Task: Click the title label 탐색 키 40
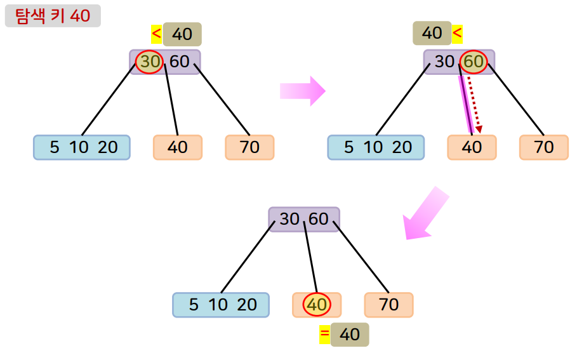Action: [x=53, y=16]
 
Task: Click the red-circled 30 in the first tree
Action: [x=150, y=62]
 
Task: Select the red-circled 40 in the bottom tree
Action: [x=317, y=305]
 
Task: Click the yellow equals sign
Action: [x=324, y=335]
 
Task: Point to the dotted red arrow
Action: [x=474, y=105]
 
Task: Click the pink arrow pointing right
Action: [x=302, y=91]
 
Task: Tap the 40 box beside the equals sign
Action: [x=350, y=335]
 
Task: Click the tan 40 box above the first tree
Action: [x=182, y=34]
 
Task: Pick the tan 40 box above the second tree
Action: [x=432, y=33]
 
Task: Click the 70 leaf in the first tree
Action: [x=250, y=147]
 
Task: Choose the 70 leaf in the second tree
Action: [x=544, y=147]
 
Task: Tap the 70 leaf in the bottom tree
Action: [x=388, y=305]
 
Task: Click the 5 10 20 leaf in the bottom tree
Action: [x=221, y=305]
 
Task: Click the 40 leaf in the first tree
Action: [x=178, y=147]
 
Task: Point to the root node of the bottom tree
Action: [x=304, y=220]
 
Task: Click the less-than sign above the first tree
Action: [x=156, y=34]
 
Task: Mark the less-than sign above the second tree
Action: [x=457, y=32]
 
